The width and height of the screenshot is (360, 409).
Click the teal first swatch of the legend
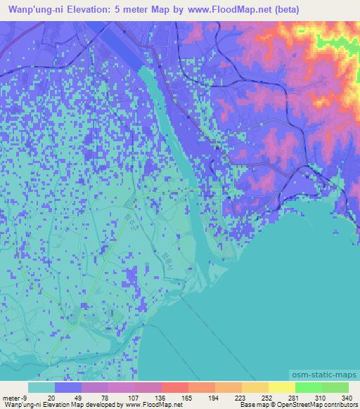(x=41, y=387)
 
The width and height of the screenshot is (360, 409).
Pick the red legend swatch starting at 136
(x=175, y=387)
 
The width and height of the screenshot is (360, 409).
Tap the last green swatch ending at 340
(x=335, y=387)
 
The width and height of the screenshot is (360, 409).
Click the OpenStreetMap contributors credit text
(x=321, y=405)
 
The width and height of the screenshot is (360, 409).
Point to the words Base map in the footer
(x=251, y=405)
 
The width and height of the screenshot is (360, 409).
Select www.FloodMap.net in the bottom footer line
(x=150, y=405)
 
